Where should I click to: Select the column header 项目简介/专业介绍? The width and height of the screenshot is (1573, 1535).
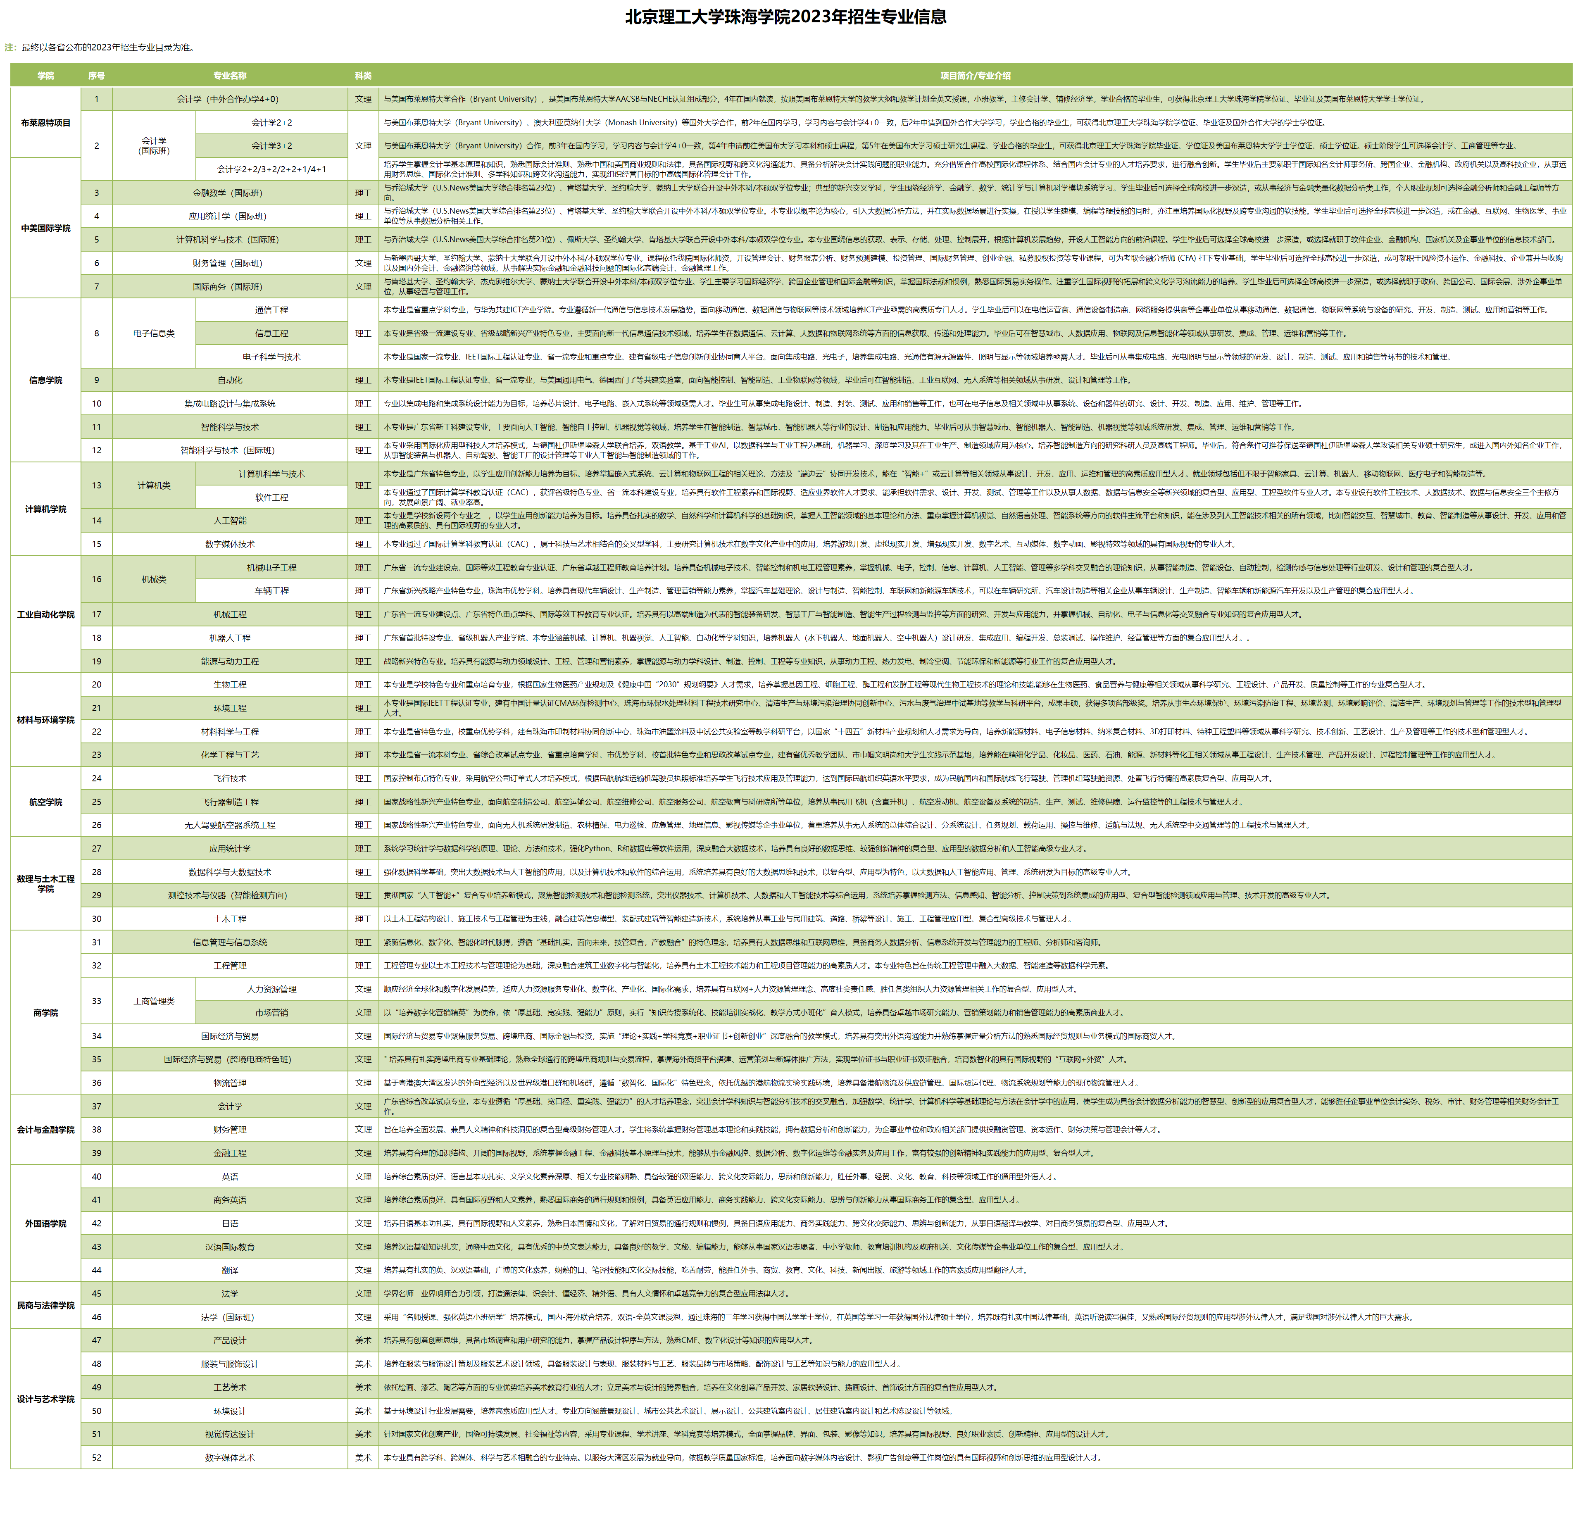pos(975,76)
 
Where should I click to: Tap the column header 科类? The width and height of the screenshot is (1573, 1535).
pos(363,76)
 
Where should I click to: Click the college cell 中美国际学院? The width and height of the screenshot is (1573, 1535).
pos(45,228)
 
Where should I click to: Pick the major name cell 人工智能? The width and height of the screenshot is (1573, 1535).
pos(230,521)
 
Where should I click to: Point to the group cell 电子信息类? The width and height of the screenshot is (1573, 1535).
pos(154,334)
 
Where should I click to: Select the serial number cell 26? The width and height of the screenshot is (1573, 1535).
pos(97,826)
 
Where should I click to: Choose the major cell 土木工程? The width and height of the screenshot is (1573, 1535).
pos(230,919)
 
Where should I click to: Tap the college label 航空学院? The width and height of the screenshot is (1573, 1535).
pos(45,802)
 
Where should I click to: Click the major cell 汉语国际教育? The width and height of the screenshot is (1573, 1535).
pos(230,1247)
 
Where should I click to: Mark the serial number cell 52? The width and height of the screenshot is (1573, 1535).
pos(97,1458)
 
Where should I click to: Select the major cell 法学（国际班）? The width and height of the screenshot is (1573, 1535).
pos(230,1317)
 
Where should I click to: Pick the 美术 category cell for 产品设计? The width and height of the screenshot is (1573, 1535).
pos(363,1341)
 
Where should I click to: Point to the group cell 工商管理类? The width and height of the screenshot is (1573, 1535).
pos(154,1001)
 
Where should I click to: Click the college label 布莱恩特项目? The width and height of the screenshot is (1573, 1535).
pos(45,123)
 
